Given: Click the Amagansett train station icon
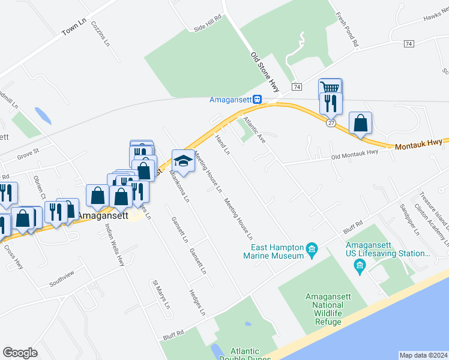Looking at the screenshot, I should pyautogui.click(x=257, y=99).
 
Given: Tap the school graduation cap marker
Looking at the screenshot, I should pyautogui.click(x=183, y=161).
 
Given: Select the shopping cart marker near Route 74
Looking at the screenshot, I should pyautogui.click(x=330, y=89).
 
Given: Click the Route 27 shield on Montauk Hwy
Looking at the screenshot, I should pyautogui.click(x=331, y=122).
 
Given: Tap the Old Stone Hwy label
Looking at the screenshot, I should pyautogui.click(x=265, y=71).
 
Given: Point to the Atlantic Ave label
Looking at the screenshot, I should pyautogui.click(x=253, y=129).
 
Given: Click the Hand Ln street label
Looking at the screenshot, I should pyautogui.click(x=223, y=144).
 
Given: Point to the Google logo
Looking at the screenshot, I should pyautogui.click(x=20, y=353).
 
